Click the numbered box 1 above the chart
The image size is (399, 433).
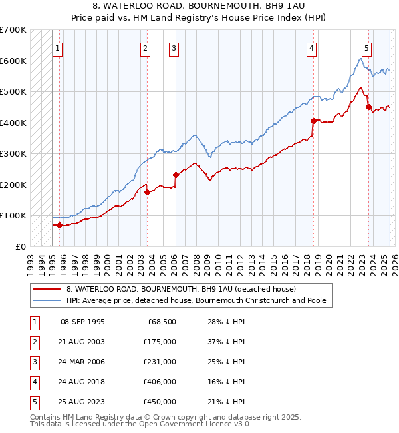(x=58, y=48)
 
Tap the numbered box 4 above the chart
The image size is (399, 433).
(x=311, y=48)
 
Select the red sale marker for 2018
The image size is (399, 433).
(x=313, y=121)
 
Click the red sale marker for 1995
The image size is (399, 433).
(x=59, y=225)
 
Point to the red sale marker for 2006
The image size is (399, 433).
(x=176, y=175)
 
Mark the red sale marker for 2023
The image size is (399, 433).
(x=368, y=107)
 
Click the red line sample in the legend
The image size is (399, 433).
(x=47, y=289)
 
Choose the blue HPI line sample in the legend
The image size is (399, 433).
(x=47, y=300)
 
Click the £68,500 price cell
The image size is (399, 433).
(x=162, y=322)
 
